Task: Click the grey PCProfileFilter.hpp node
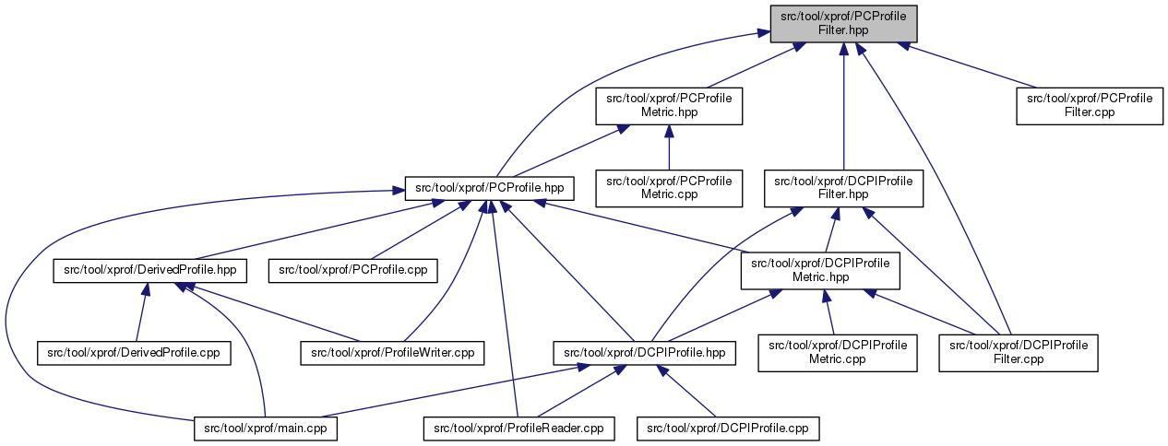click(843, 23)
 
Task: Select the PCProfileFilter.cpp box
click(1090, 105)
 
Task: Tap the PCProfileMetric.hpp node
click(669, 105)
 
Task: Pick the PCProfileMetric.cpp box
click(669, 187)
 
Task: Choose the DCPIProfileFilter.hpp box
click(843, 187)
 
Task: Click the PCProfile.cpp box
click(352, 270)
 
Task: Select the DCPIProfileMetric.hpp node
click(820, 270)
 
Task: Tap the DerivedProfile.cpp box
click(135, 352)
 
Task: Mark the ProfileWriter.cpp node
click(392, 352)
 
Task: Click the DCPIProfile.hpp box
click(644, 352)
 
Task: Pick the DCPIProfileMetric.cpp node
click(838, 352)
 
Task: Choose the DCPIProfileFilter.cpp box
click(1019, 352)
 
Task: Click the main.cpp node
click(266, 428)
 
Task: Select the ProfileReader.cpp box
click(518, 428)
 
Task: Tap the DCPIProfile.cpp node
click(728, 428)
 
